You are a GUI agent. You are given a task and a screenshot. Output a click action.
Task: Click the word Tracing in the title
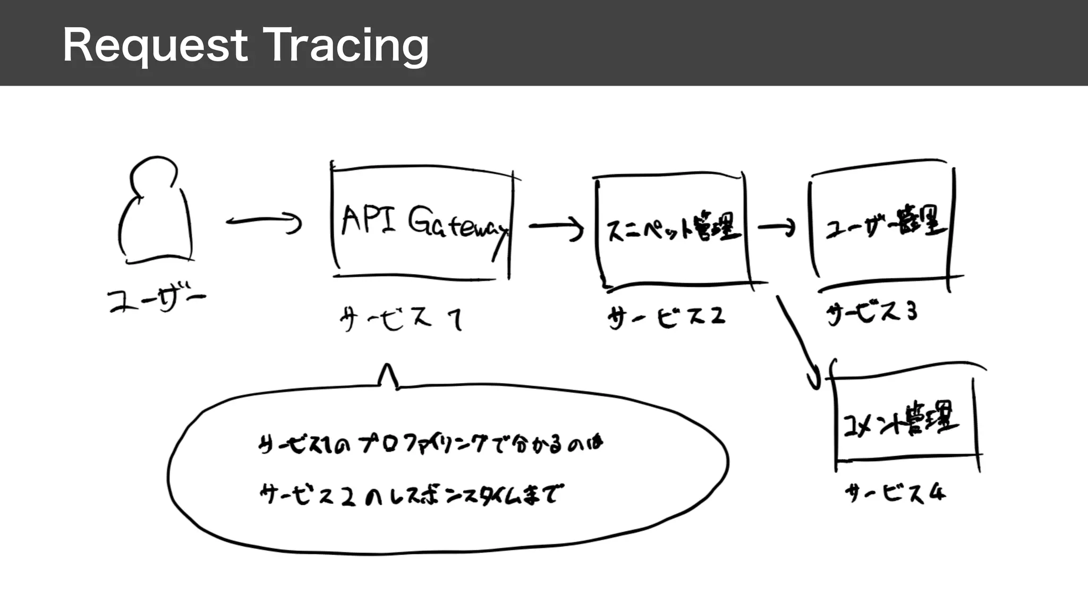tap(346, 46)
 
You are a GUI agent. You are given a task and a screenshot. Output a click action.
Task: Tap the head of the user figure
tap(152, 175)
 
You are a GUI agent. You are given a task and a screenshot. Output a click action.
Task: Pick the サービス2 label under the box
tap(666, 317)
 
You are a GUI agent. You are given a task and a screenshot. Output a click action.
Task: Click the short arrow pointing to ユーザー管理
tap(776, 228)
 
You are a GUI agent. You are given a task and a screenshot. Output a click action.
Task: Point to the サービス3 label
tap(872, 312)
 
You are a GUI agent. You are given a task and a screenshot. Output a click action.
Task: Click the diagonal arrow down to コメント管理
tap(797, 340)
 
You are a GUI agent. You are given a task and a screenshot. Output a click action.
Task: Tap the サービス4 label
tap(895, 494)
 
